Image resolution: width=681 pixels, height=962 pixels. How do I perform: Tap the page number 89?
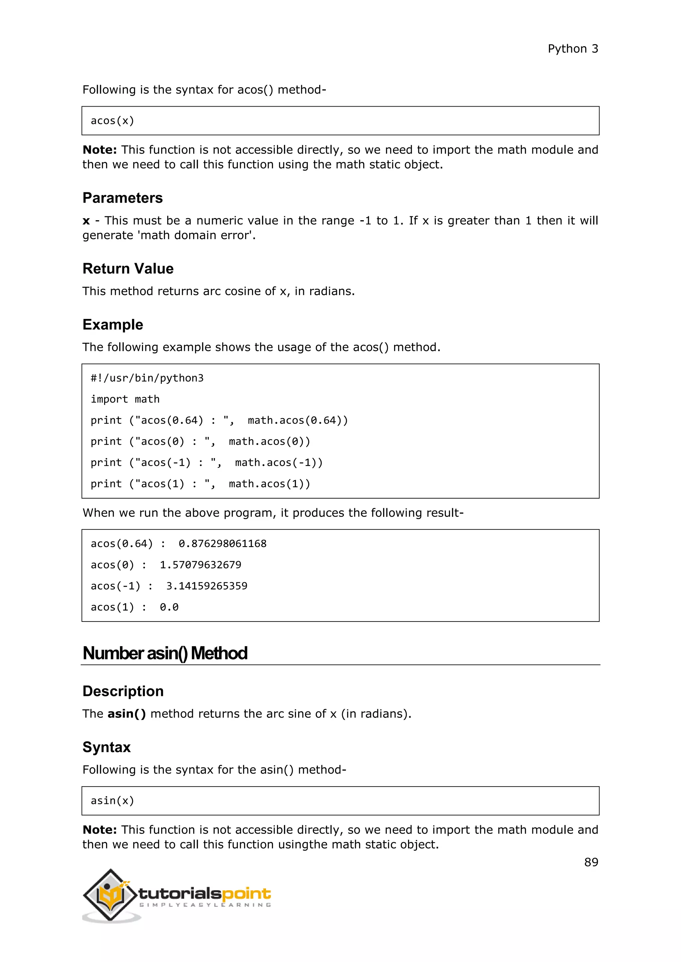[591, 862]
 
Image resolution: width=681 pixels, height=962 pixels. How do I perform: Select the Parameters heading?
[122, 198]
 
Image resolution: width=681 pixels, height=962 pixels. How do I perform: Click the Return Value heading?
[128, 269]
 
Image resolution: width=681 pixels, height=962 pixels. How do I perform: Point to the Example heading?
[113, 325]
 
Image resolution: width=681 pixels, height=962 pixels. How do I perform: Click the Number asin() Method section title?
[165, 653]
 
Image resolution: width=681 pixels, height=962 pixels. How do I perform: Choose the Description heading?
[123, 691]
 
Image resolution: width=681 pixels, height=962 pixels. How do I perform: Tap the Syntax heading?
[106, 747]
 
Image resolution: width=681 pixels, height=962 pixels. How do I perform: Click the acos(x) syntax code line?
[112, 121]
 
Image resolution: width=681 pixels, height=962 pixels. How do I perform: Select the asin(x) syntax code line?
[112, 801]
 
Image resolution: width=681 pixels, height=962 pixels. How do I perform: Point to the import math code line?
[125, 399]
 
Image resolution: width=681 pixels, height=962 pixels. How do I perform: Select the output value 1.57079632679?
[201, 565]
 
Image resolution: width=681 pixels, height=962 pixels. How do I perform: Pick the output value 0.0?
[169, 607]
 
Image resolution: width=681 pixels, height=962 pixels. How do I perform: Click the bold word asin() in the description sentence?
[127, 714]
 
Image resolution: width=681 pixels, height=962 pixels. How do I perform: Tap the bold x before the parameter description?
[86, 221]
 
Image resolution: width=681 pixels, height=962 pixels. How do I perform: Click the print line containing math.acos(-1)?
[206, 463]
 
